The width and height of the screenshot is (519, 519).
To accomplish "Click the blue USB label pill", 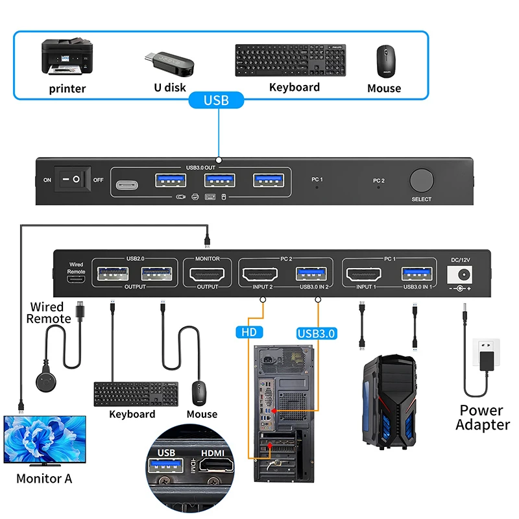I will click(216, 100).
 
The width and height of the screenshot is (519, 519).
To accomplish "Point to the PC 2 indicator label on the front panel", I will click(378, 180).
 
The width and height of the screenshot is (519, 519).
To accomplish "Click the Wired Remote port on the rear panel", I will click(77, 278).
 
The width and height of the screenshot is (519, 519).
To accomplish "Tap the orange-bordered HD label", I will click(249, 333).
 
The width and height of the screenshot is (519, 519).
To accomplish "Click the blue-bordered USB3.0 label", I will click(317, 333).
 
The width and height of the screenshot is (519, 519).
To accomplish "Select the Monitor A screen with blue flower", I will click(44, 439).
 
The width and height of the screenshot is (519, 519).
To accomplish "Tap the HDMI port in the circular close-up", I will click(219, 465).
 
